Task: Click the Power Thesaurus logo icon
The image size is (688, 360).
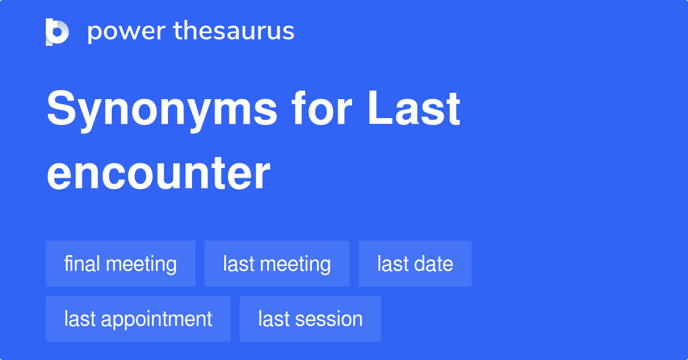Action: click(x=57, y=32)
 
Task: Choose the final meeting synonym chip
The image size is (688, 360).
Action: click(x=120, y=264)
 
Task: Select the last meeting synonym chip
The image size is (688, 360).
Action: click(x=277, y=264)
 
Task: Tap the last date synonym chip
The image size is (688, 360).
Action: click(x=415, y=264)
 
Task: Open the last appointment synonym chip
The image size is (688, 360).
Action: click(x=138, y=319)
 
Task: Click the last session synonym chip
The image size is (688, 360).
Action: click(x=310, y=319)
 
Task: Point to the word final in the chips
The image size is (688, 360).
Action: click(x=82, y=264)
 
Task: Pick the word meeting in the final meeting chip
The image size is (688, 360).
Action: click(x=141, y=264)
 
